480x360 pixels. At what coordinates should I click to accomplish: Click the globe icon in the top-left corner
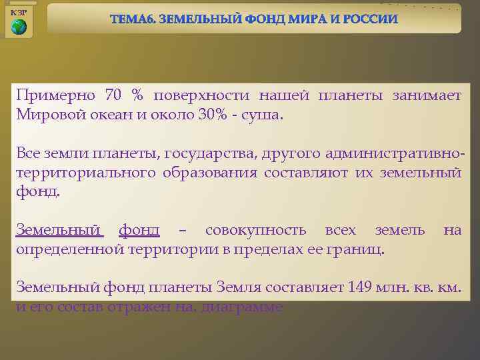(19, 27)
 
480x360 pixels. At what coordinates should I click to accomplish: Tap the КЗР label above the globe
(19, 13)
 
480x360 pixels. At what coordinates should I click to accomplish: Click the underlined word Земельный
(59, 231)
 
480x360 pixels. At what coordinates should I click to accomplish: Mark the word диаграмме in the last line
(241, 307)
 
